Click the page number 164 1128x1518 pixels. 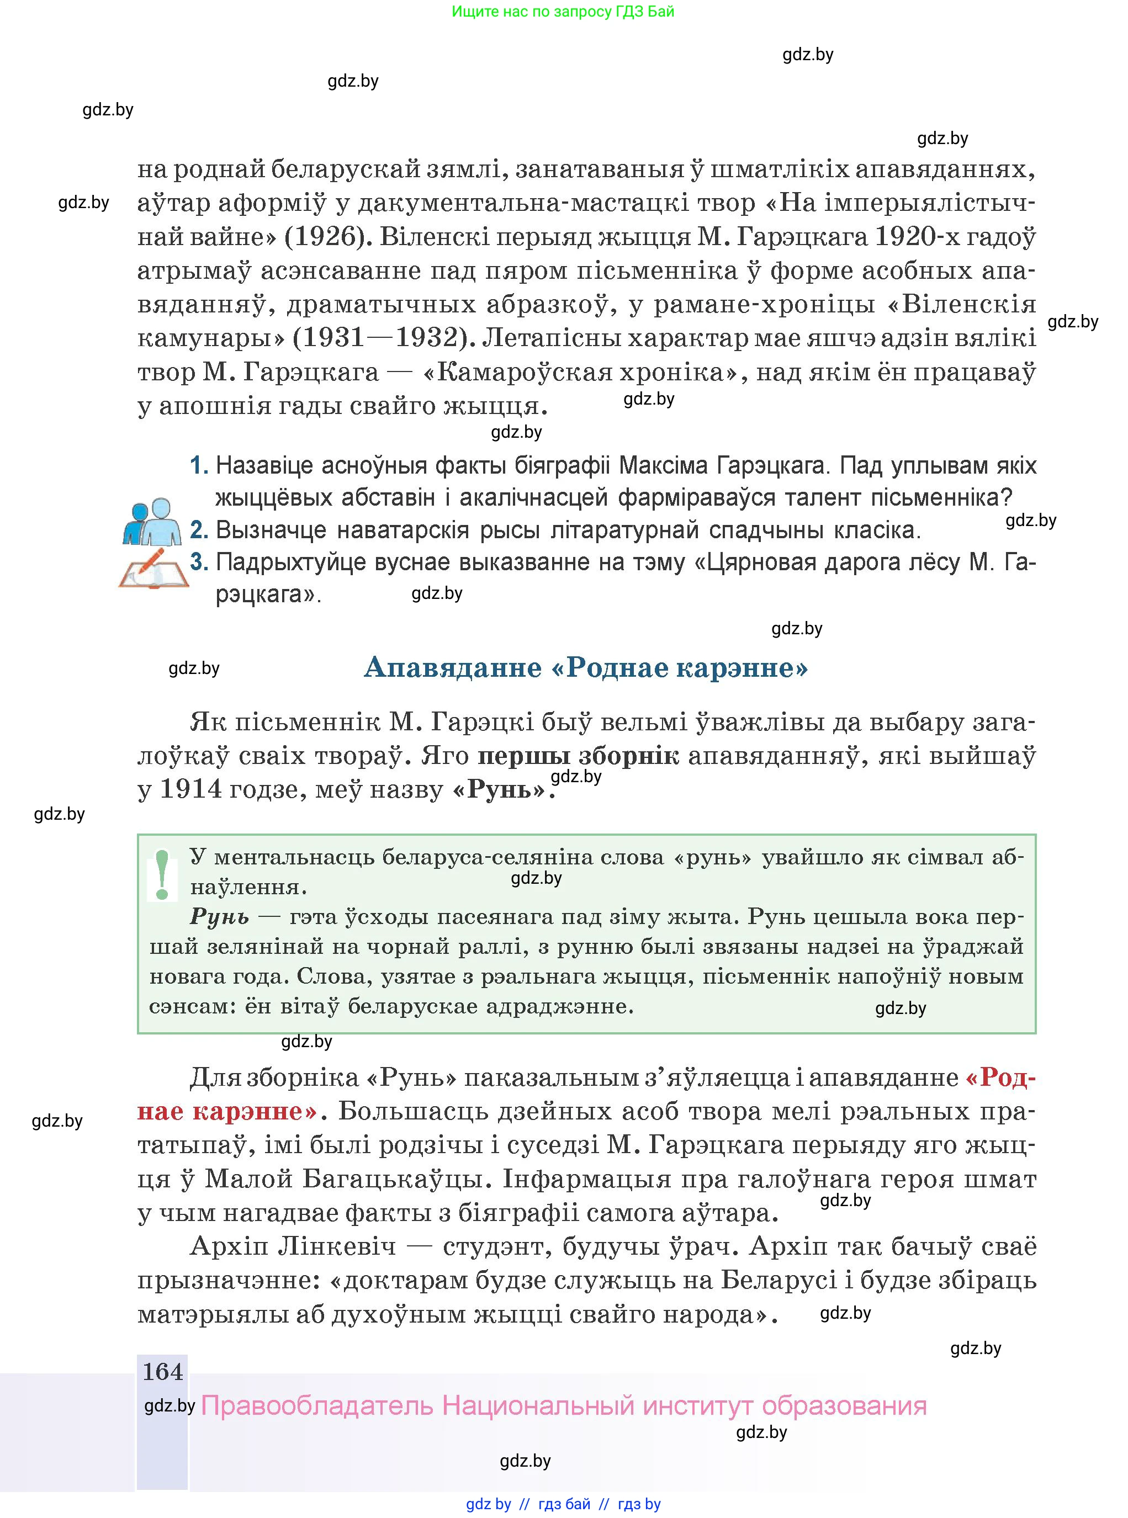pos(162,1371)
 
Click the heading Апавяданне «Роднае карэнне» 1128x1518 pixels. pos(586,667)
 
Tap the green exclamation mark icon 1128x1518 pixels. pos(162,874)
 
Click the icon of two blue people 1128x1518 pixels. pos(152,522)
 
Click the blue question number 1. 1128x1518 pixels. pos(199,465)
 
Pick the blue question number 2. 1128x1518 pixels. pos(199,530)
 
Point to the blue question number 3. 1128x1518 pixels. pos(199,562)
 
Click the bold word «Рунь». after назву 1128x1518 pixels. pos(502,790)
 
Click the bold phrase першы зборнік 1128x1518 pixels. pos(578,756)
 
